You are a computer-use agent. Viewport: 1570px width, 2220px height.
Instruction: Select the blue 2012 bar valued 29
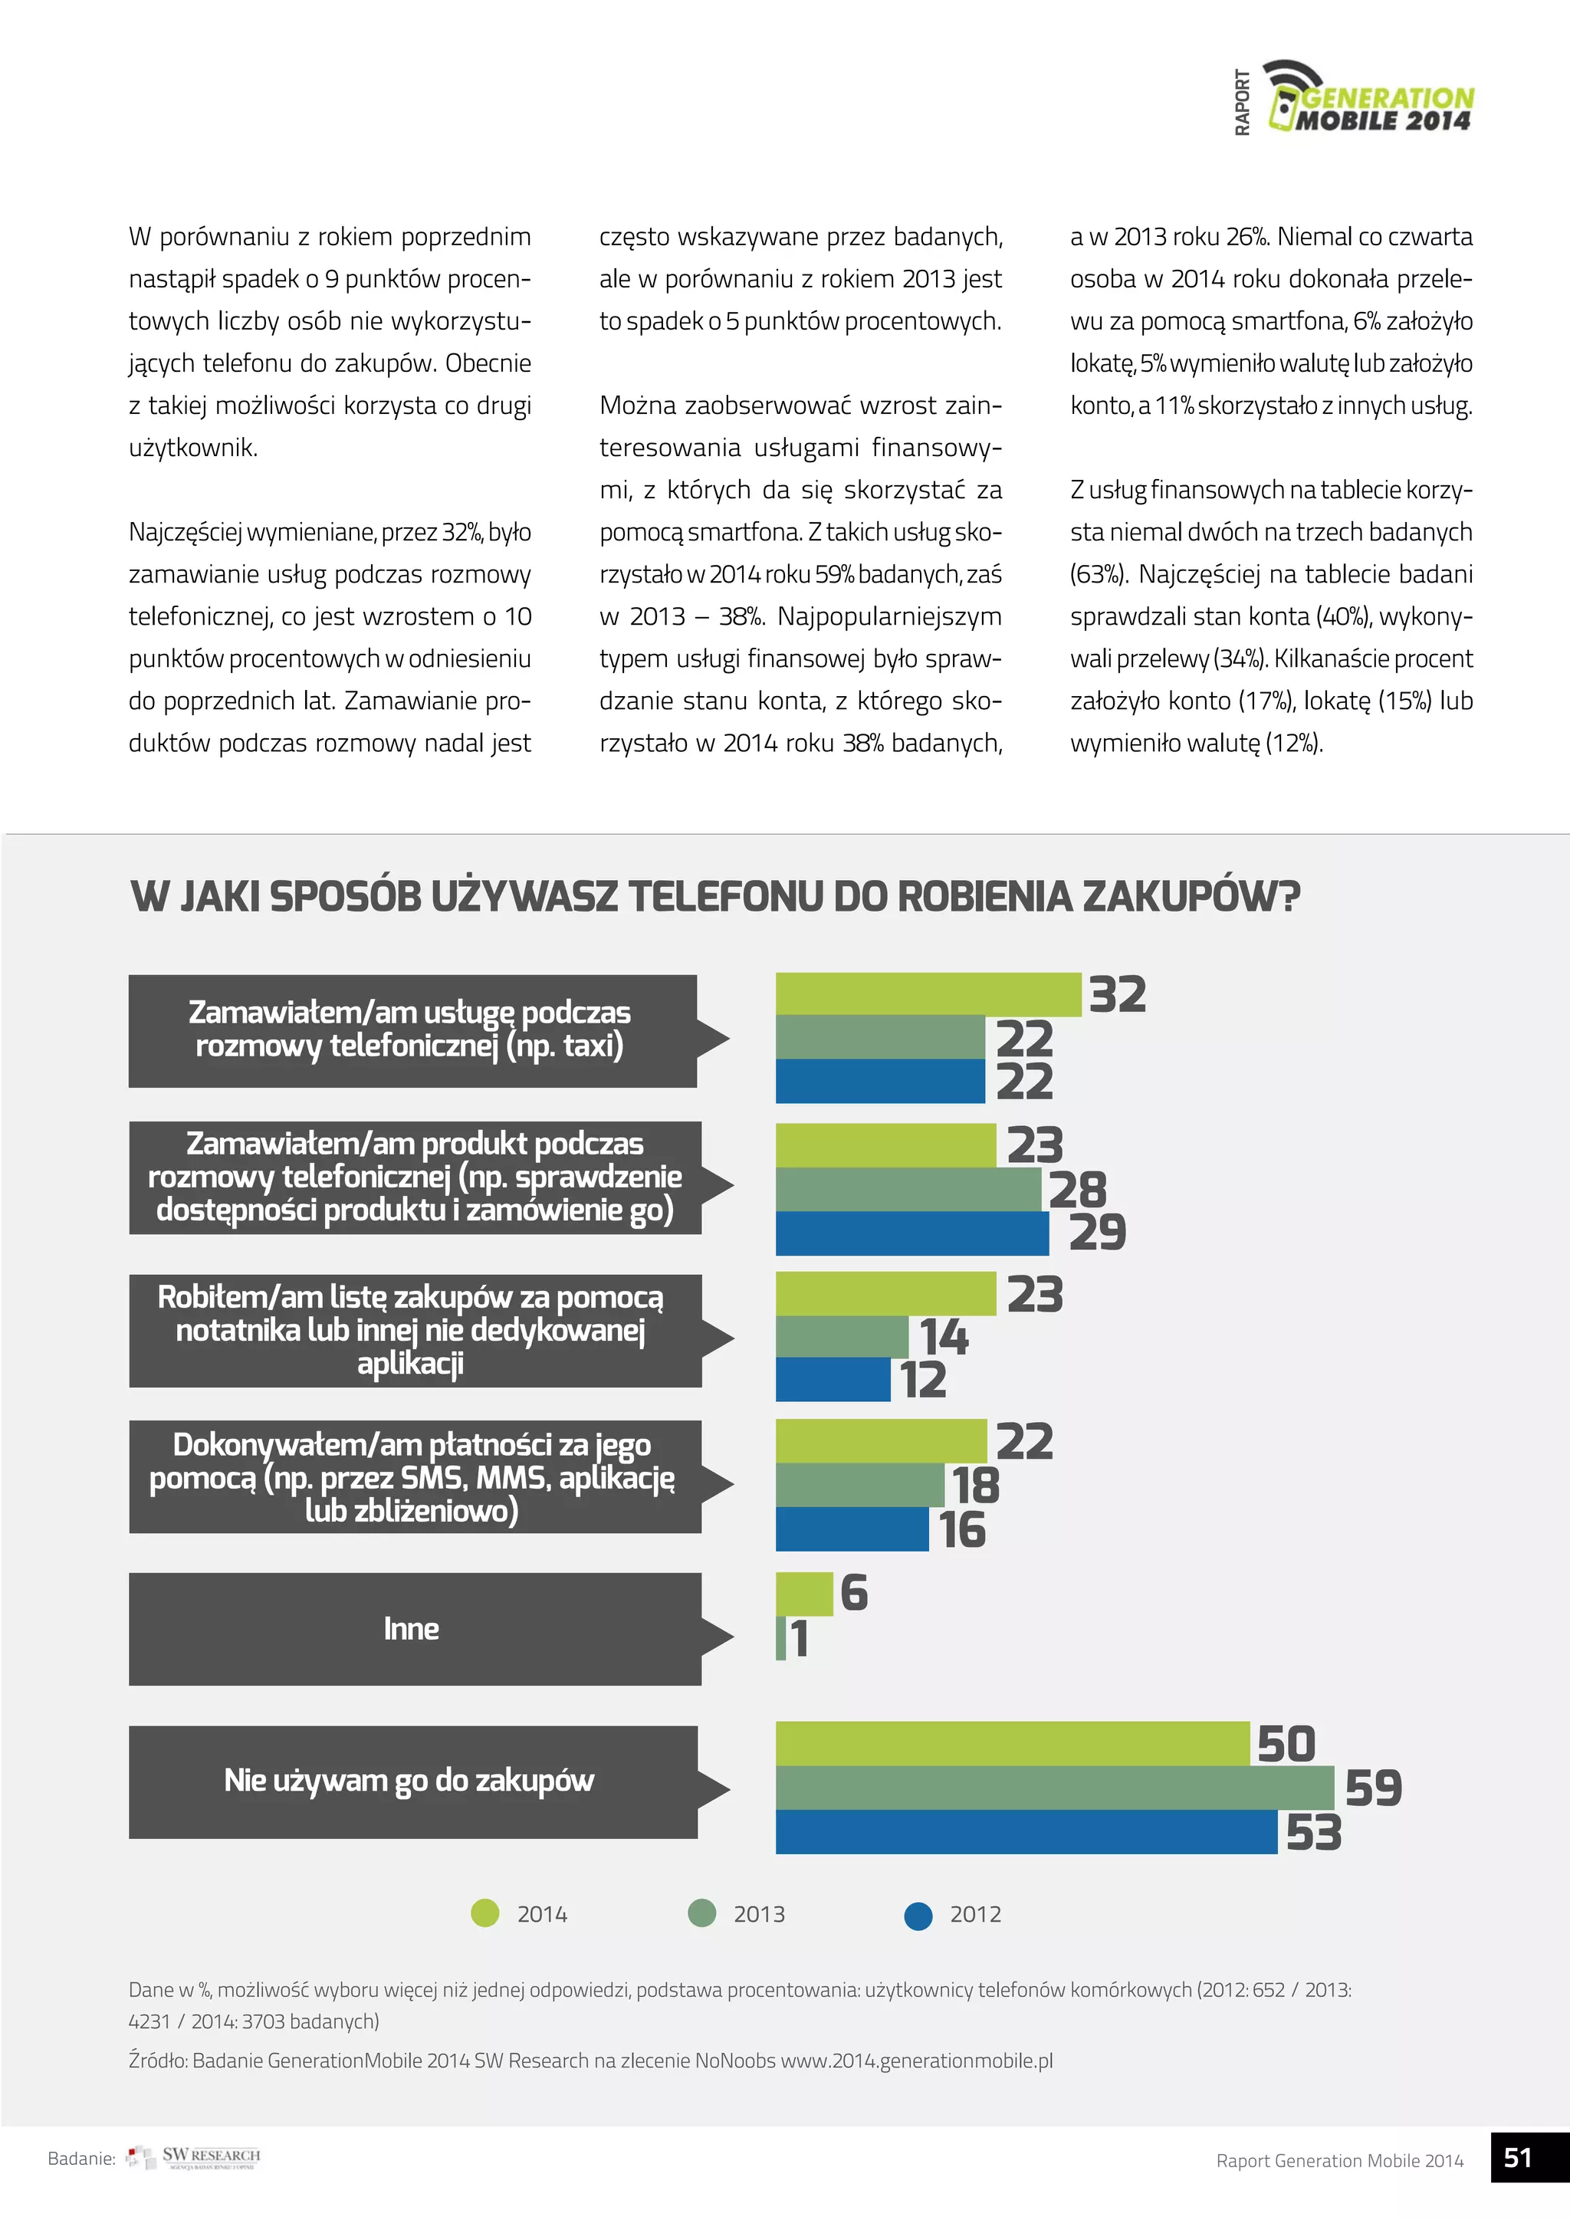coord(911,1233)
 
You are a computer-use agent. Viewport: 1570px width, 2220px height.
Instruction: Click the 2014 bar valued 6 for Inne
coord(803,1594)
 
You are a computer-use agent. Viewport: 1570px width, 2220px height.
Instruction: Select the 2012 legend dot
coord(918,1916)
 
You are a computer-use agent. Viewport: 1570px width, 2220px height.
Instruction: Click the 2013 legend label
coord(759,1914)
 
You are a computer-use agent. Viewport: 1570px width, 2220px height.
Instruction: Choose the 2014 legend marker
coord(484,1913)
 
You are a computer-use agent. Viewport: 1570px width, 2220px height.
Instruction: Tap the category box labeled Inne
coord(415,1628)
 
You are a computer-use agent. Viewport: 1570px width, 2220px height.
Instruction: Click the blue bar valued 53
coord(1025,1831)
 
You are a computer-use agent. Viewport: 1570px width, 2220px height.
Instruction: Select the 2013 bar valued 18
coord(859,1485)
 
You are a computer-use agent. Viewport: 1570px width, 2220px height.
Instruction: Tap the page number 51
coord(1519,2158)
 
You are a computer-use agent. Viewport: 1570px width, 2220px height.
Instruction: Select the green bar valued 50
coord(1011,1743)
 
